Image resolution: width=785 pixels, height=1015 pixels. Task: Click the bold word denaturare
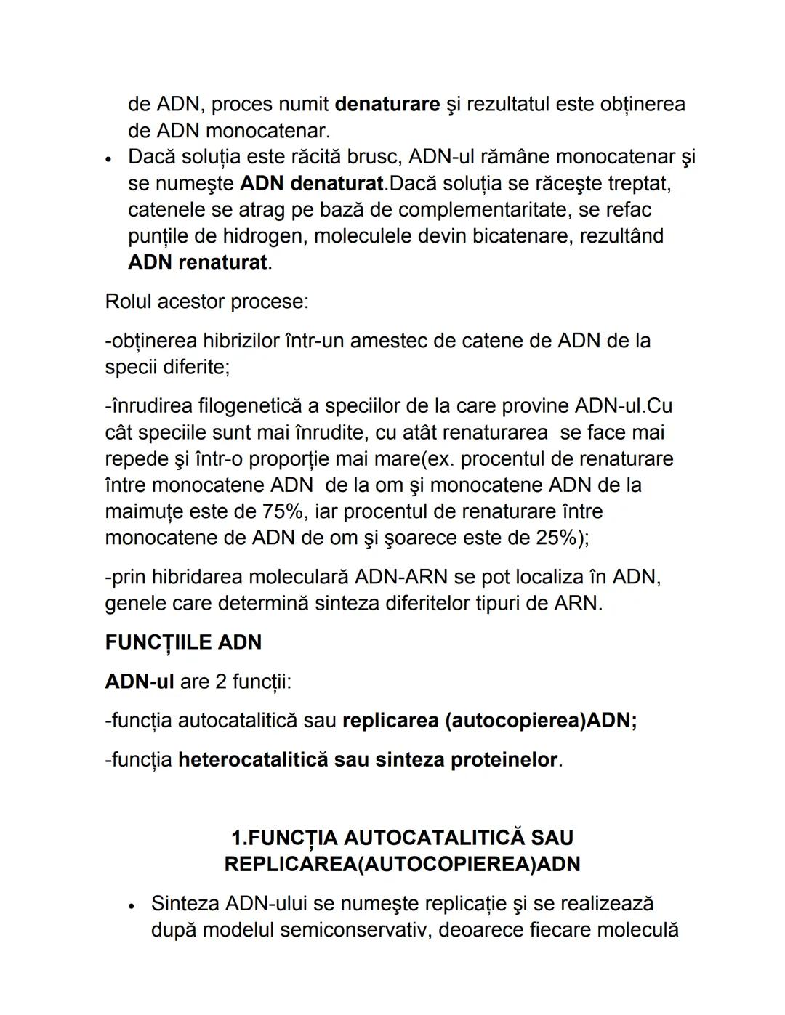tap(387, 105)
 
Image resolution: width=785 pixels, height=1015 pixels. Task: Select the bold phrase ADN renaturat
tap(198, 262)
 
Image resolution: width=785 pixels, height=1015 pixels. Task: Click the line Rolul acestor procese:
tap(207, 302)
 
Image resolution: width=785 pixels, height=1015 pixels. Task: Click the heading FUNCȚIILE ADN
tap(183, 643)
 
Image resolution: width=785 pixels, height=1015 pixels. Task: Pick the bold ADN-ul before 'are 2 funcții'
tap(140, 682)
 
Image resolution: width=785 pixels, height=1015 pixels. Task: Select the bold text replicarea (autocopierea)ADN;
tap(489, 721)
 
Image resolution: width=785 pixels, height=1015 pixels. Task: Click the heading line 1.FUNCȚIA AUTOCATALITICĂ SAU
tap(402, 838)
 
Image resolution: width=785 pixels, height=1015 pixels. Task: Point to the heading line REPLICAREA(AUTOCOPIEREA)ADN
tap(402, 865)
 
